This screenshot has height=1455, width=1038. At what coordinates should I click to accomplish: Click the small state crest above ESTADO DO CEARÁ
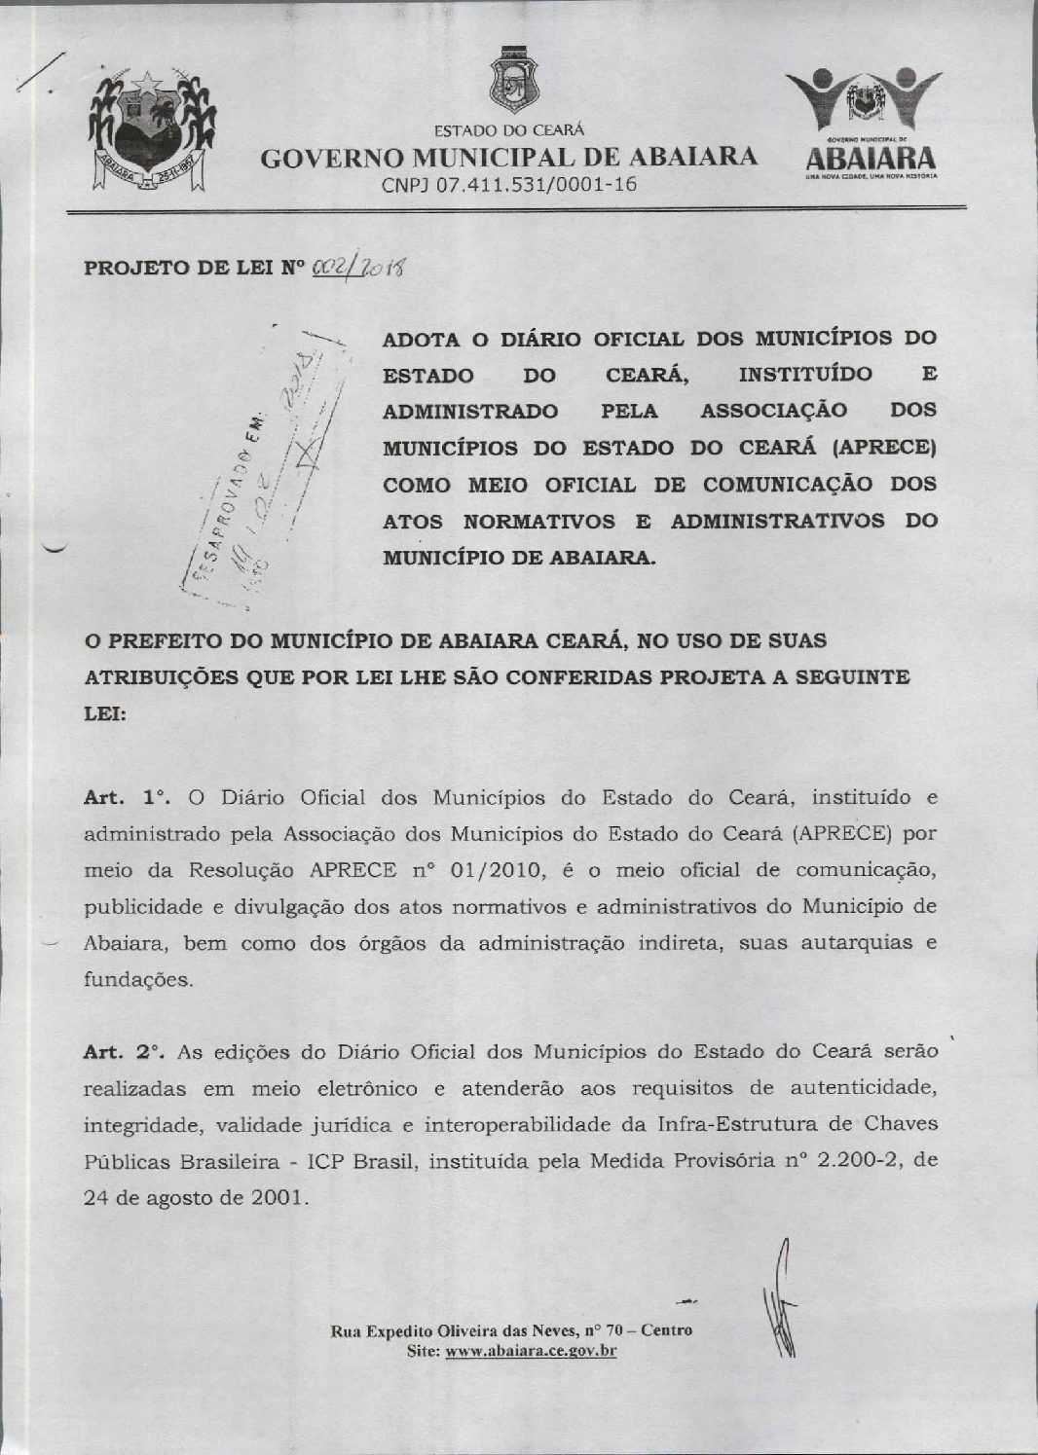tap(507, 80)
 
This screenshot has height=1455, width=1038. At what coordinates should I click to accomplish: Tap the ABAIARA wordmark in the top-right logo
tap(871, 158)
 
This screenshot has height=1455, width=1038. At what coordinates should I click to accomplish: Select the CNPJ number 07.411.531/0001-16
tap(507, 184)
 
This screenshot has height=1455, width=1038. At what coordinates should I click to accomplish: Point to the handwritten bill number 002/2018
tap(359, 267)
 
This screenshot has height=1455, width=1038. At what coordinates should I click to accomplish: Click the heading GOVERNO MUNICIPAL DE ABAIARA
tap(509, 157)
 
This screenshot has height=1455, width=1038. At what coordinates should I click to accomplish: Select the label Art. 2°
tap(126, 1052)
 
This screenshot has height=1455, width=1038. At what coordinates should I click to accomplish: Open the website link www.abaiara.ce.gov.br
tap(531, 1351)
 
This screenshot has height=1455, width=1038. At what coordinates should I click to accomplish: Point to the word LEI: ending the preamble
tap(105, 713)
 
